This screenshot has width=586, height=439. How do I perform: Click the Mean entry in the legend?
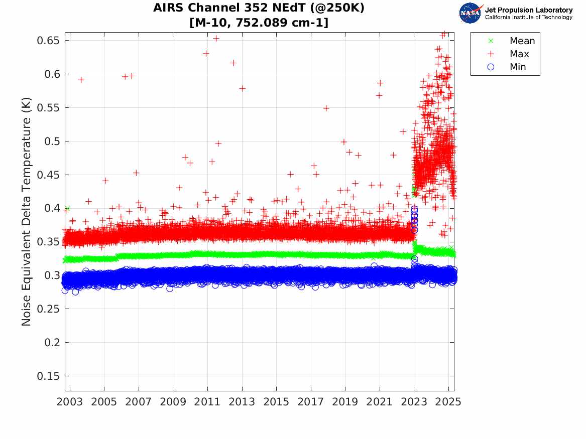coord(522,41)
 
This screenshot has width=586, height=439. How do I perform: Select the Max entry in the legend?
coord(519,54)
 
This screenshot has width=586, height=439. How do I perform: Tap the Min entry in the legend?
coord(518,67)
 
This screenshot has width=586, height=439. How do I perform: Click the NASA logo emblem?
coord(471,13)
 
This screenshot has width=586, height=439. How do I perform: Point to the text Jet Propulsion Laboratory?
coord(528,10)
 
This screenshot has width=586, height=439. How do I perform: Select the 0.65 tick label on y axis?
coord(49,41)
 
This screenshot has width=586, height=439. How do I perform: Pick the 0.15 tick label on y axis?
coord(49,376)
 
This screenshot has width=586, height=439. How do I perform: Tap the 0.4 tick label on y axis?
coord(52,208)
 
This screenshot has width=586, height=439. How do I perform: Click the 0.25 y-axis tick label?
coord(49,309)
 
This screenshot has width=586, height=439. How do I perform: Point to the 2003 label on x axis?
coord(70,402)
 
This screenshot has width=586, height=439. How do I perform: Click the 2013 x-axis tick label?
coord(242,402)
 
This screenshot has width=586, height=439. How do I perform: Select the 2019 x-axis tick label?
coord(345,402)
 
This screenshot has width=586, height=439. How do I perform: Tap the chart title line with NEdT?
coord(259,9)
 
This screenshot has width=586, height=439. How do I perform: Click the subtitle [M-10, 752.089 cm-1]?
coord(259,23)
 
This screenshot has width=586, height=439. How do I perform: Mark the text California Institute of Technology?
coord(528,18)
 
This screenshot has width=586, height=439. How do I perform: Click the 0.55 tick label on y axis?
coord(49,108)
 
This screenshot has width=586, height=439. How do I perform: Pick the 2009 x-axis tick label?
coord(173,402)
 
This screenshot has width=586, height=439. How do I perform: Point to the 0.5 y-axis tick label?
coord(52,141)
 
